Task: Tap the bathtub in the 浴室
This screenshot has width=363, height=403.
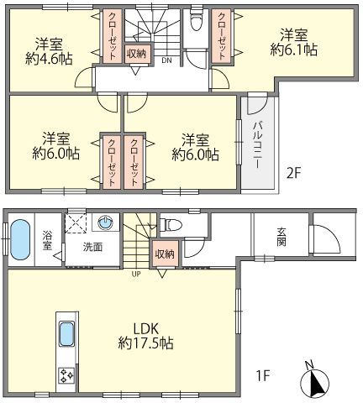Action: (x=20, y=239)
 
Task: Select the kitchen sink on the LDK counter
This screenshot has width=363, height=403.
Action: (x=67, y=334)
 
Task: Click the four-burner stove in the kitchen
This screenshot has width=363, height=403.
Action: (x=66, y=375)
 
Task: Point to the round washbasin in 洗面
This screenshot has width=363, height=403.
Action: (x=105, y=222)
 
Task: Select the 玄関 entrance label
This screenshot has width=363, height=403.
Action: (x=281, y=237)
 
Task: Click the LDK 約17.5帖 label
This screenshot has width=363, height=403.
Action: (x=145, y=336)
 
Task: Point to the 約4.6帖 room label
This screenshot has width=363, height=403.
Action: (x=49, y=51)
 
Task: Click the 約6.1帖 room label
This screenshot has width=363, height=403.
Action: (x=294, y=42)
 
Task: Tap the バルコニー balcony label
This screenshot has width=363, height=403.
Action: (x=258, y=145)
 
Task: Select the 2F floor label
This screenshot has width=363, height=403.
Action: (x=293, y=175)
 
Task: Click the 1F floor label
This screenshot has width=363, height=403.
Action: (x=263, y=375)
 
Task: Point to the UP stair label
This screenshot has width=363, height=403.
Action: (x=136, y=274)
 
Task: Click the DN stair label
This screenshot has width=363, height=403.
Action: (x=166, y=60)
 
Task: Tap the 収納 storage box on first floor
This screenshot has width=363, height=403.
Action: (x=165, y=254)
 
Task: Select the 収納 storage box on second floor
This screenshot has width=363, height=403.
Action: (x=136, y=54)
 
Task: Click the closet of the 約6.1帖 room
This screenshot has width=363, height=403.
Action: (x=221, y=36)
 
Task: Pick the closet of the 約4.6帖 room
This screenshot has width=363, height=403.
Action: (x=113, y=36)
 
